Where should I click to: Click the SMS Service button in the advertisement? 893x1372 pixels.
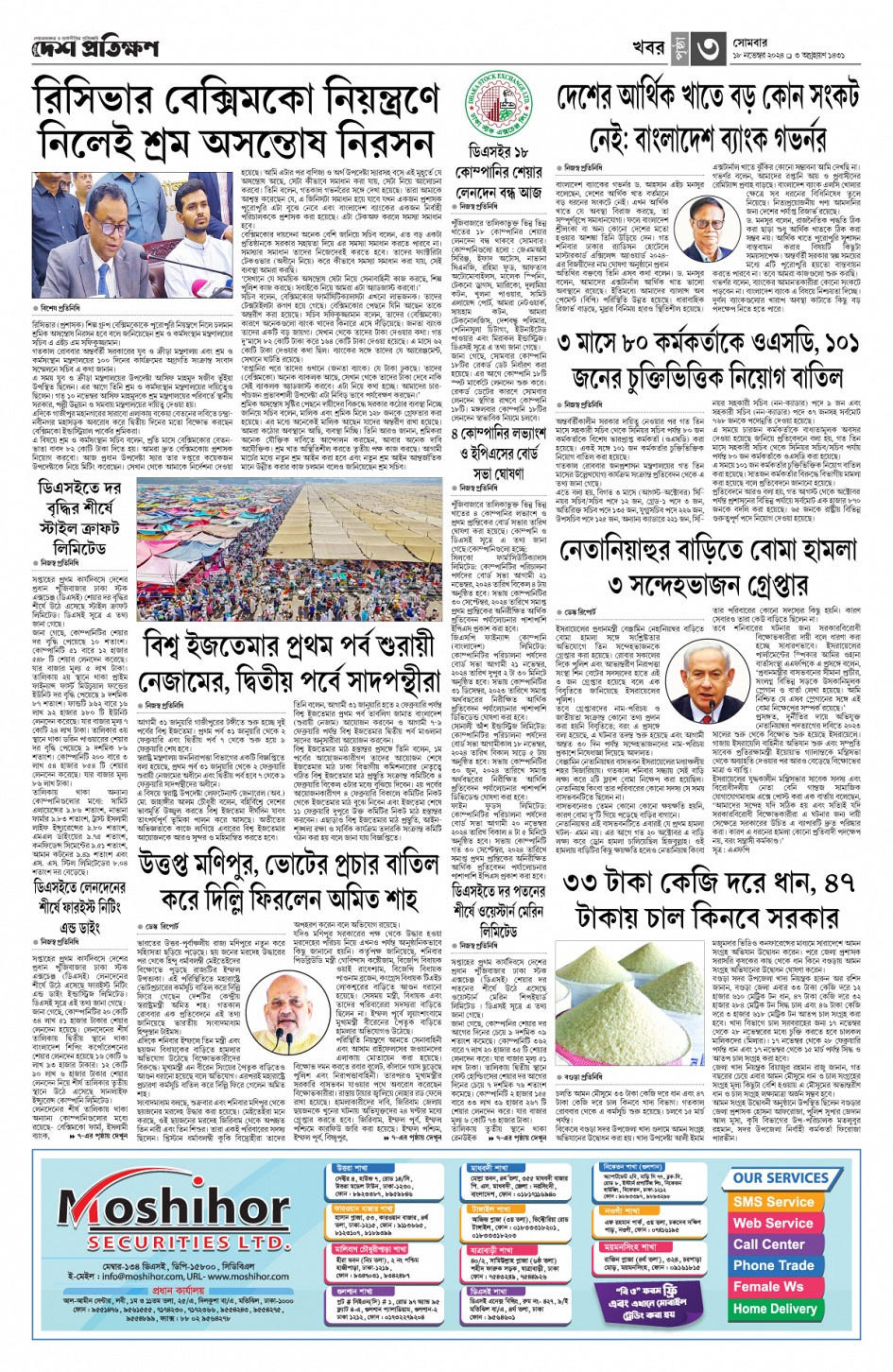pyautogui.click(x=773, y=1202)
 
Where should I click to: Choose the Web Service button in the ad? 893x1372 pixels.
pyautogui.click(x=773, y=1223)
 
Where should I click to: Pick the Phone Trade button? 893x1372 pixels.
pyautogui.click(x=773, y=1265)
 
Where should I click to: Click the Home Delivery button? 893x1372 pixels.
pyautogui.click(x=773, y=1309)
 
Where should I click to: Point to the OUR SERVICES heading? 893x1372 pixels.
pyautogui.click(x=781, y=1178)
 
